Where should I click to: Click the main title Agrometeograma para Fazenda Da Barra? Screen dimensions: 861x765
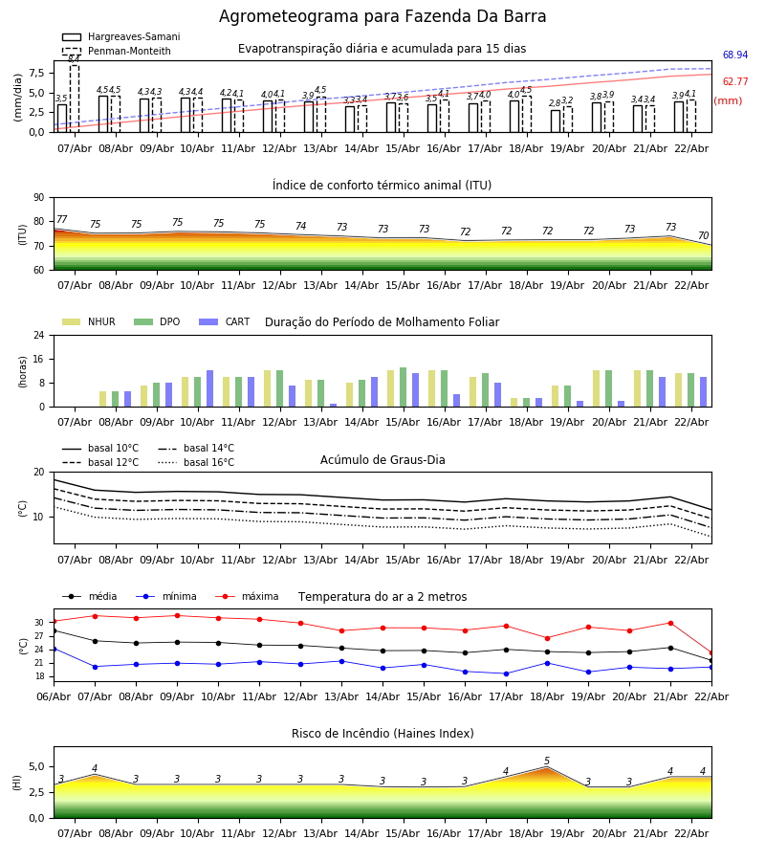point(382,17)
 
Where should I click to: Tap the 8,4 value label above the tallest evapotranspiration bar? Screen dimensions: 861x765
point(74,59)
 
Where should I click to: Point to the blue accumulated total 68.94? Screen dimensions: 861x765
point(734,55)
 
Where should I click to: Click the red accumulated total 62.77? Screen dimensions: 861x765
point(734,82)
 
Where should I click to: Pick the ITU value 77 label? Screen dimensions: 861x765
point(61,220)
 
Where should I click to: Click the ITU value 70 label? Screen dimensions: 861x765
point(703,236)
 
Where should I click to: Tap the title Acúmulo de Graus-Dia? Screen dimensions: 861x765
point(382,460)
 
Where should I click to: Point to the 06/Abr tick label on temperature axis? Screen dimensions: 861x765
point(54,695)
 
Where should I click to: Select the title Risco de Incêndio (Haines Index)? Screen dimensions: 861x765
point(382,734)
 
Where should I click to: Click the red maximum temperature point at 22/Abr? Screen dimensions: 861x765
point(710,652)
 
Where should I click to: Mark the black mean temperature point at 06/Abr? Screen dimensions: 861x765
point(54,630)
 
